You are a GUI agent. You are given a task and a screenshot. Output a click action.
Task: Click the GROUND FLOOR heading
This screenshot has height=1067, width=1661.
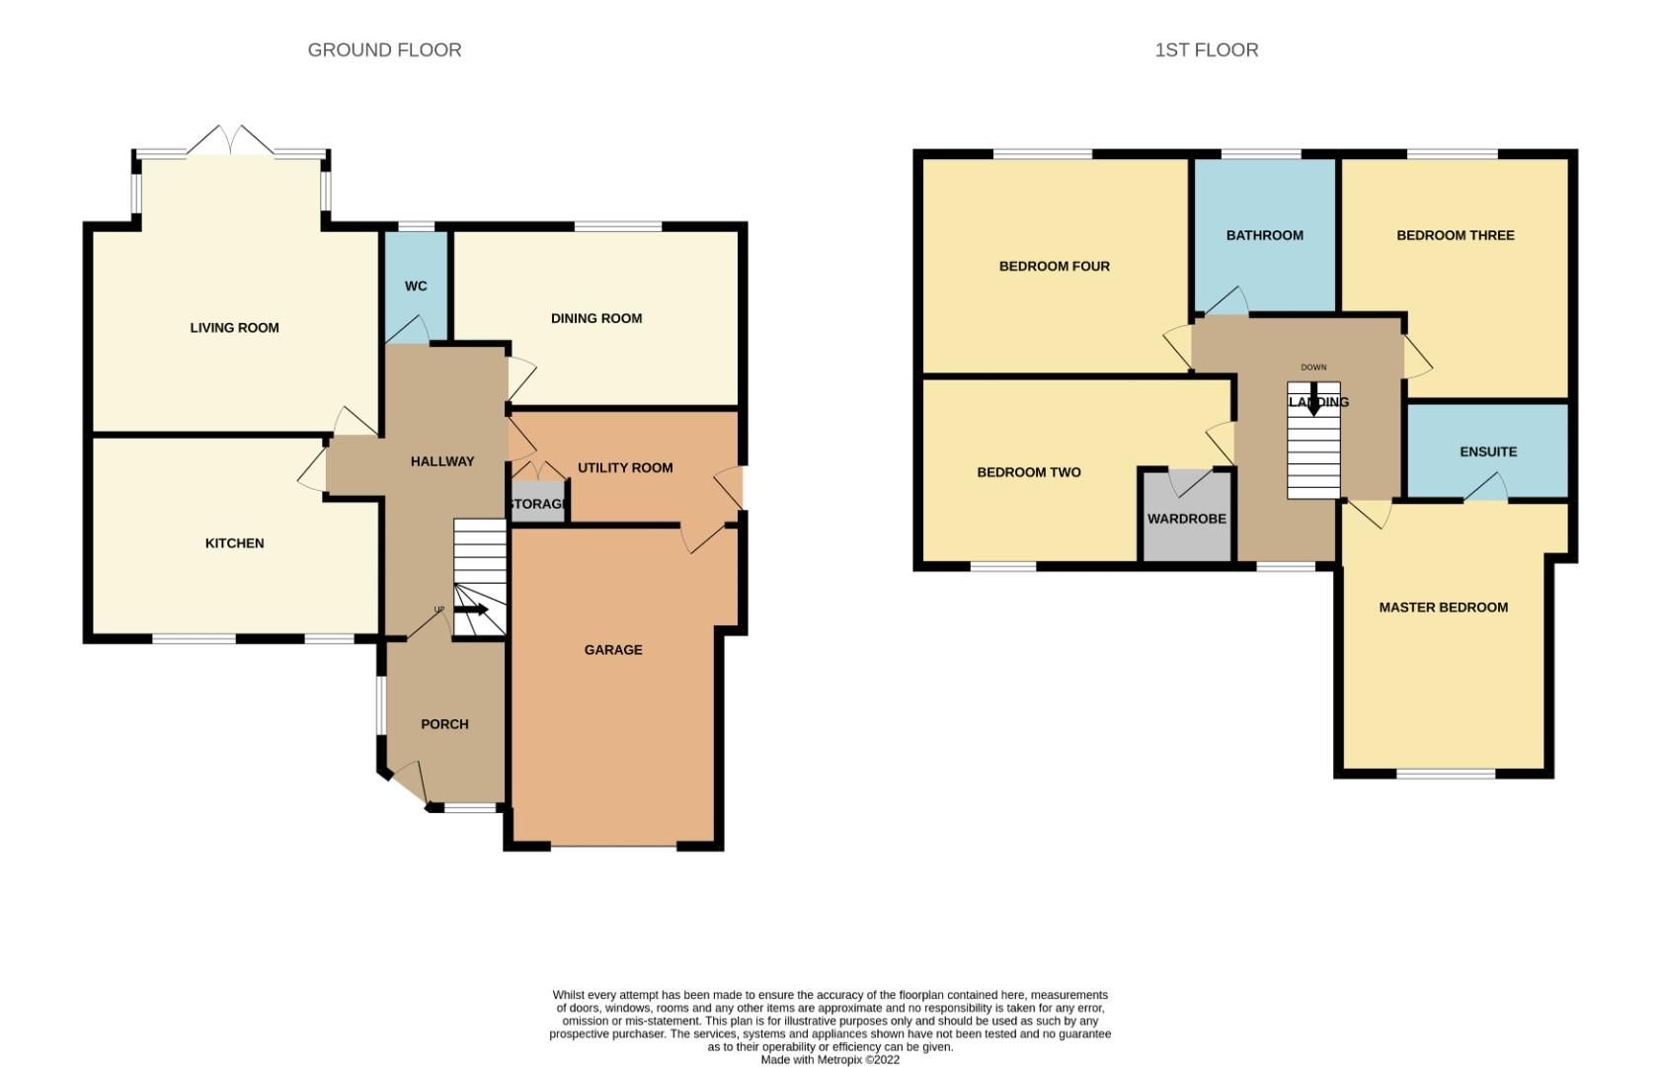[384, 49]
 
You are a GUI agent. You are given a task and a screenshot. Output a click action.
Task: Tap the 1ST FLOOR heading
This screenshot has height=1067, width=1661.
[1206, 49]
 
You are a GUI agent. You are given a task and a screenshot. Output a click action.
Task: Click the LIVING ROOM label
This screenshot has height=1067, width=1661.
[234, 328]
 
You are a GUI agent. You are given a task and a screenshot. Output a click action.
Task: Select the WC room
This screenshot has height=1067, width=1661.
[416, 287]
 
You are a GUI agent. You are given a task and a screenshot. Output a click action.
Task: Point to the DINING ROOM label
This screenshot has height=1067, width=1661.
[595, 318]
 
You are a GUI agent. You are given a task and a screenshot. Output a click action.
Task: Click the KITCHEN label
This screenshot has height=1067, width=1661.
[234, 543]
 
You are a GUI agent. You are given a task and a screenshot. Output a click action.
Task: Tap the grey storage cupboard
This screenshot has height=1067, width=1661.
[537, 503]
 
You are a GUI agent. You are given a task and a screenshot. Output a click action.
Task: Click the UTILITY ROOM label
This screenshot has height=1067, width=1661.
[625, 467]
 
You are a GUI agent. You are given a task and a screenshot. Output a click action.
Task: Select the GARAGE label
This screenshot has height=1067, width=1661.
[612, 650]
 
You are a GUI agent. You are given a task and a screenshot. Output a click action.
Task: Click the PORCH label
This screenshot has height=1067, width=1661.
[444, 724]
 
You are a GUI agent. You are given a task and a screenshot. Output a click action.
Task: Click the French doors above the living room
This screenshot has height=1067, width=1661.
[230, 141]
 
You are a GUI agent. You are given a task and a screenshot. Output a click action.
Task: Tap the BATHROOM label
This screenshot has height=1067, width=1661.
[1264, 235]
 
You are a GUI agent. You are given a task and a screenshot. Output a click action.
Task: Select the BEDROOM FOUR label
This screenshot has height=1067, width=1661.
[1054, 266]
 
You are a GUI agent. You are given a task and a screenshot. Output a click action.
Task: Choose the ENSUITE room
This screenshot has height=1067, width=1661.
[1487, 451]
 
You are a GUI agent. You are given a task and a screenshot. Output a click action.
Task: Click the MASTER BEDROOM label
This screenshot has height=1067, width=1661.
[1443, 608]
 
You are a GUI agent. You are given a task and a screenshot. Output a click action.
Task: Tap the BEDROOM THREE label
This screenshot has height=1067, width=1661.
[1455, 235]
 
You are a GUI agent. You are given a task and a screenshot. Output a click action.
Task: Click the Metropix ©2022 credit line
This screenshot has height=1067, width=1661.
[830, 1060]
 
